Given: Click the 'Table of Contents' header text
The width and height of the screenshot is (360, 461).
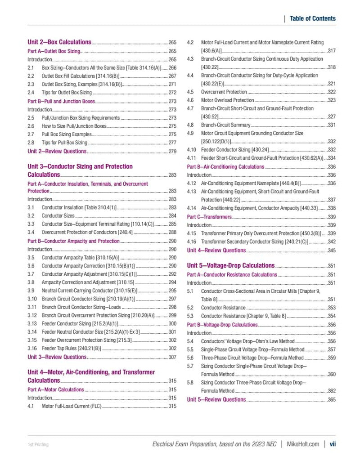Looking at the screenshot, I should [312, 18].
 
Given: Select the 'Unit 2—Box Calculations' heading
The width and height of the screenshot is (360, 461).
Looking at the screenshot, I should [59, 42].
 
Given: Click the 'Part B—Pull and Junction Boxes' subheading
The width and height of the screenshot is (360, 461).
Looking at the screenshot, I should [61, 101].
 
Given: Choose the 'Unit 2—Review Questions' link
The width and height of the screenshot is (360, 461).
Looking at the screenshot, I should [57, 151].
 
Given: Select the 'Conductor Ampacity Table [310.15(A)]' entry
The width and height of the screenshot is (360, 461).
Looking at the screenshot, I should [80, 257].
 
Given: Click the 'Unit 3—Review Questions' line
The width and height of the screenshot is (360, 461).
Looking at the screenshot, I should [57, 357].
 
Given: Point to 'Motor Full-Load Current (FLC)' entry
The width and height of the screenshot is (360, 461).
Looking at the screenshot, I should [72, 407].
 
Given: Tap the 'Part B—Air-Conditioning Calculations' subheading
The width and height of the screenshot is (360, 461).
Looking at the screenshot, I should [225, 167].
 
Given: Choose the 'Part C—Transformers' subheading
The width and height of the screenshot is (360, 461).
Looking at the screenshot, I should [209, 217].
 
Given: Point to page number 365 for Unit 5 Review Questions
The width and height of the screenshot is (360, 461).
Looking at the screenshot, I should [332, 399].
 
